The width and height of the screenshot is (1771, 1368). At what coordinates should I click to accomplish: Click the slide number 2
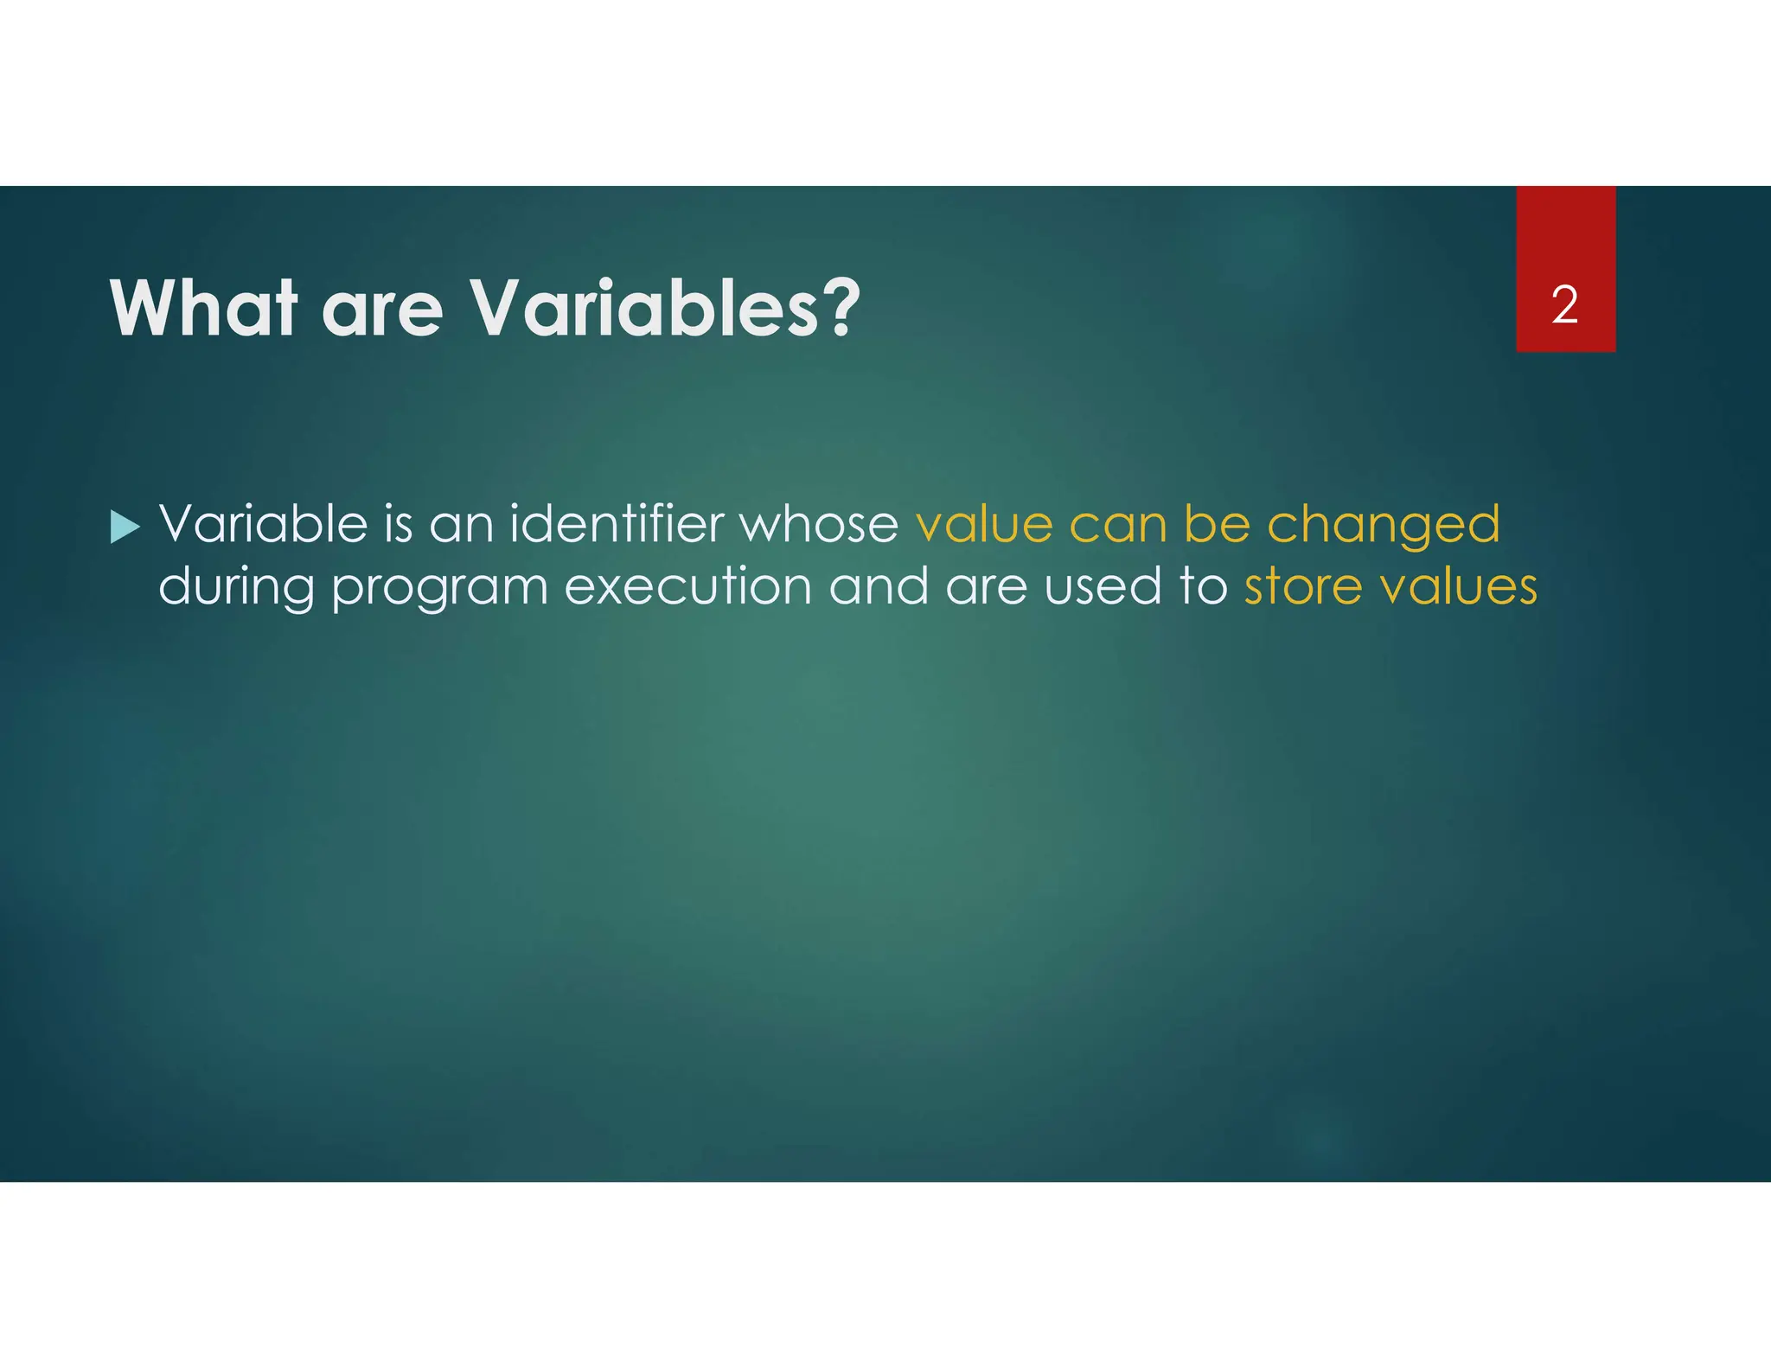(1564, 305)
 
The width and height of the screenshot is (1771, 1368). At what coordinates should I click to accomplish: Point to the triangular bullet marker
(125, 527)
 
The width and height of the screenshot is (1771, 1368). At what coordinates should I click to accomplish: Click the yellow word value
(984, 526)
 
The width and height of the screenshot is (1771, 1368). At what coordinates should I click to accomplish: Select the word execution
(687, 587)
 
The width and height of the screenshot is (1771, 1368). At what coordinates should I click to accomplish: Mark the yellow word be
(1217, 524)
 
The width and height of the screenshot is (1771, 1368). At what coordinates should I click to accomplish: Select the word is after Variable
(398, 524)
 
